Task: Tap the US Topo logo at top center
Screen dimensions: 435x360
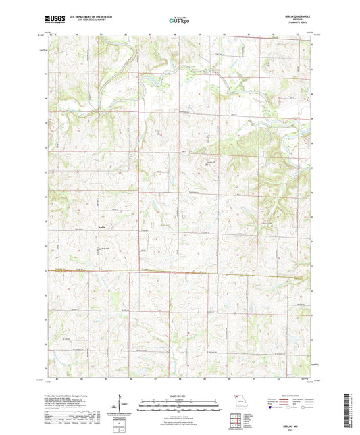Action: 179,21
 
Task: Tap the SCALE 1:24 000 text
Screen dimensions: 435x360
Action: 180,396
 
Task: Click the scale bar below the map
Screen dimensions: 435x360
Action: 180,407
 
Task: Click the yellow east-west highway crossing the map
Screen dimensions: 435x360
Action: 180,272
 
